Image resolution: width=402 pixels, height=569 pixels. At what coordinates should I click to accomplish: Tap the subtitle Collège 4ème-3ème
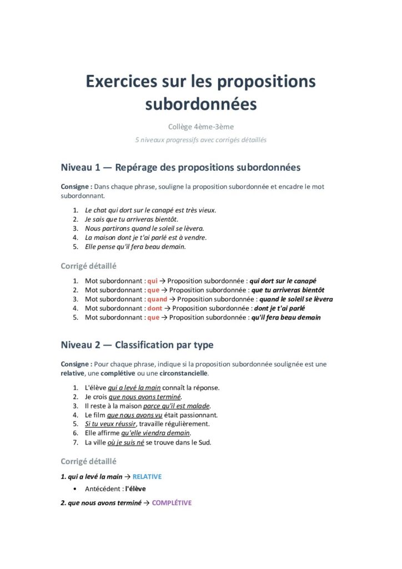pos(200,127)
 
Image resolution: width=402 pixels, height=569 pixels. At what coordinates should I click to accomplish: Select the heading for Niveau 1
pos(180,167)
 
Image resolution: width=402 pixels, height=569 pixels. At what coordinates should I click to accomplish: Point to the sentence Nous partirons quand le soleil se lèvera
pos(144,228)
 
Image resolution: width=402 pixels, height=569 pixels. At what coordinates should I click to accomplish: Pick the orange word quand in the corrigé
pos(157,299)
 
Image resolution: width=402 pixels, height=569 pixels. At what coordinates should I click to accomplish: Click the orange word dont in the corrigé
pos(155,308)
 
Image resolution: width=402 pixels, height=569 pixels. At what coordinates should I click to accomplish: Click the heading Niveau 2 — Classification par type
pos(137,345)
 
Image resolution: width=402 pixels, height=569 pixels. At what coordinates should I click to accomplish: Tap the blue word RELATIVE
pos(147,477)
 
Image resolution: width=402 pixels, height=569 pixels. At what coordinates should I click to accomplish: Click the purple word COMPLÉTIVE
pos(172,503)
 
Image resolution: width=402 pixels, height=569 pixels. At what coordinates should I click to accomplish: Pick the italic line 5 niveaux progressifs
pos(200,140)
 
